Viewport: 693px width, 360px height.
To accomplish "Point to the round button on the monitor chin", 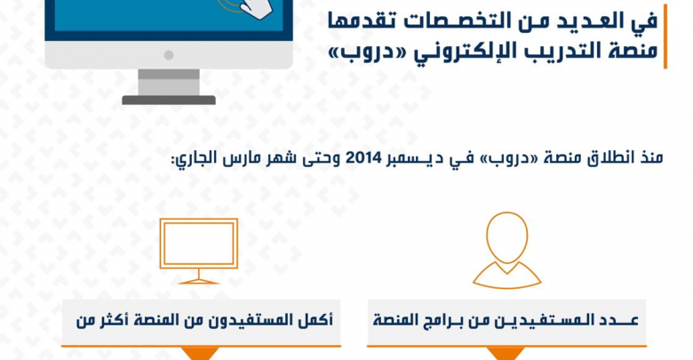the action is [169, 55].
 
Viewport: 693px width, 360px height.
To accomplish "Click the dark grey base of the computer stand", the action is [169, 100].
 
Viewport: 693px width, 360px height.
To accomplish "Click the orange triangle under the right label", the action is [506, 353].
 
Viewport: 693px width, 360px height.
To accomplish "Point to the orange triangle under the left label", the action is [201, 353].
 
